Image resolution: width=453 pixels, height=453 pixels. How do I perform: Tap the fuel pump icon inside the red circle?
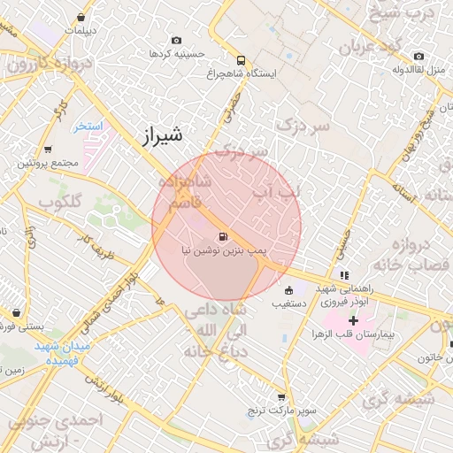(221, 236)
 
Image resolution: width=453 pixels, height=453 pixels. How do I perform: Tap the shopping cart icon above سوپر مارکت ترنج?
(281, 397)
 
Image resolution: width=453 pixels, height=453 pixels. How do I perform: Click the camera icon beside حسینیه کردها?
(176, 41)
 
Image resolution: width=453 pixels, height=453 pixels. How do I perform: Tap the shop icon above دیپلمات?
(81, 17)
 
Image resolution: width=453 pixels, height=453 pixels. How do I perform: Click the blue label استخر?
(88, 127)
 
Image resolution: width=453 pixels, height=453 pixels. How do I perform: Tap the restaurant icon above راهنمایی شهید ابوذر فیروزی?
(343, 275)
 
